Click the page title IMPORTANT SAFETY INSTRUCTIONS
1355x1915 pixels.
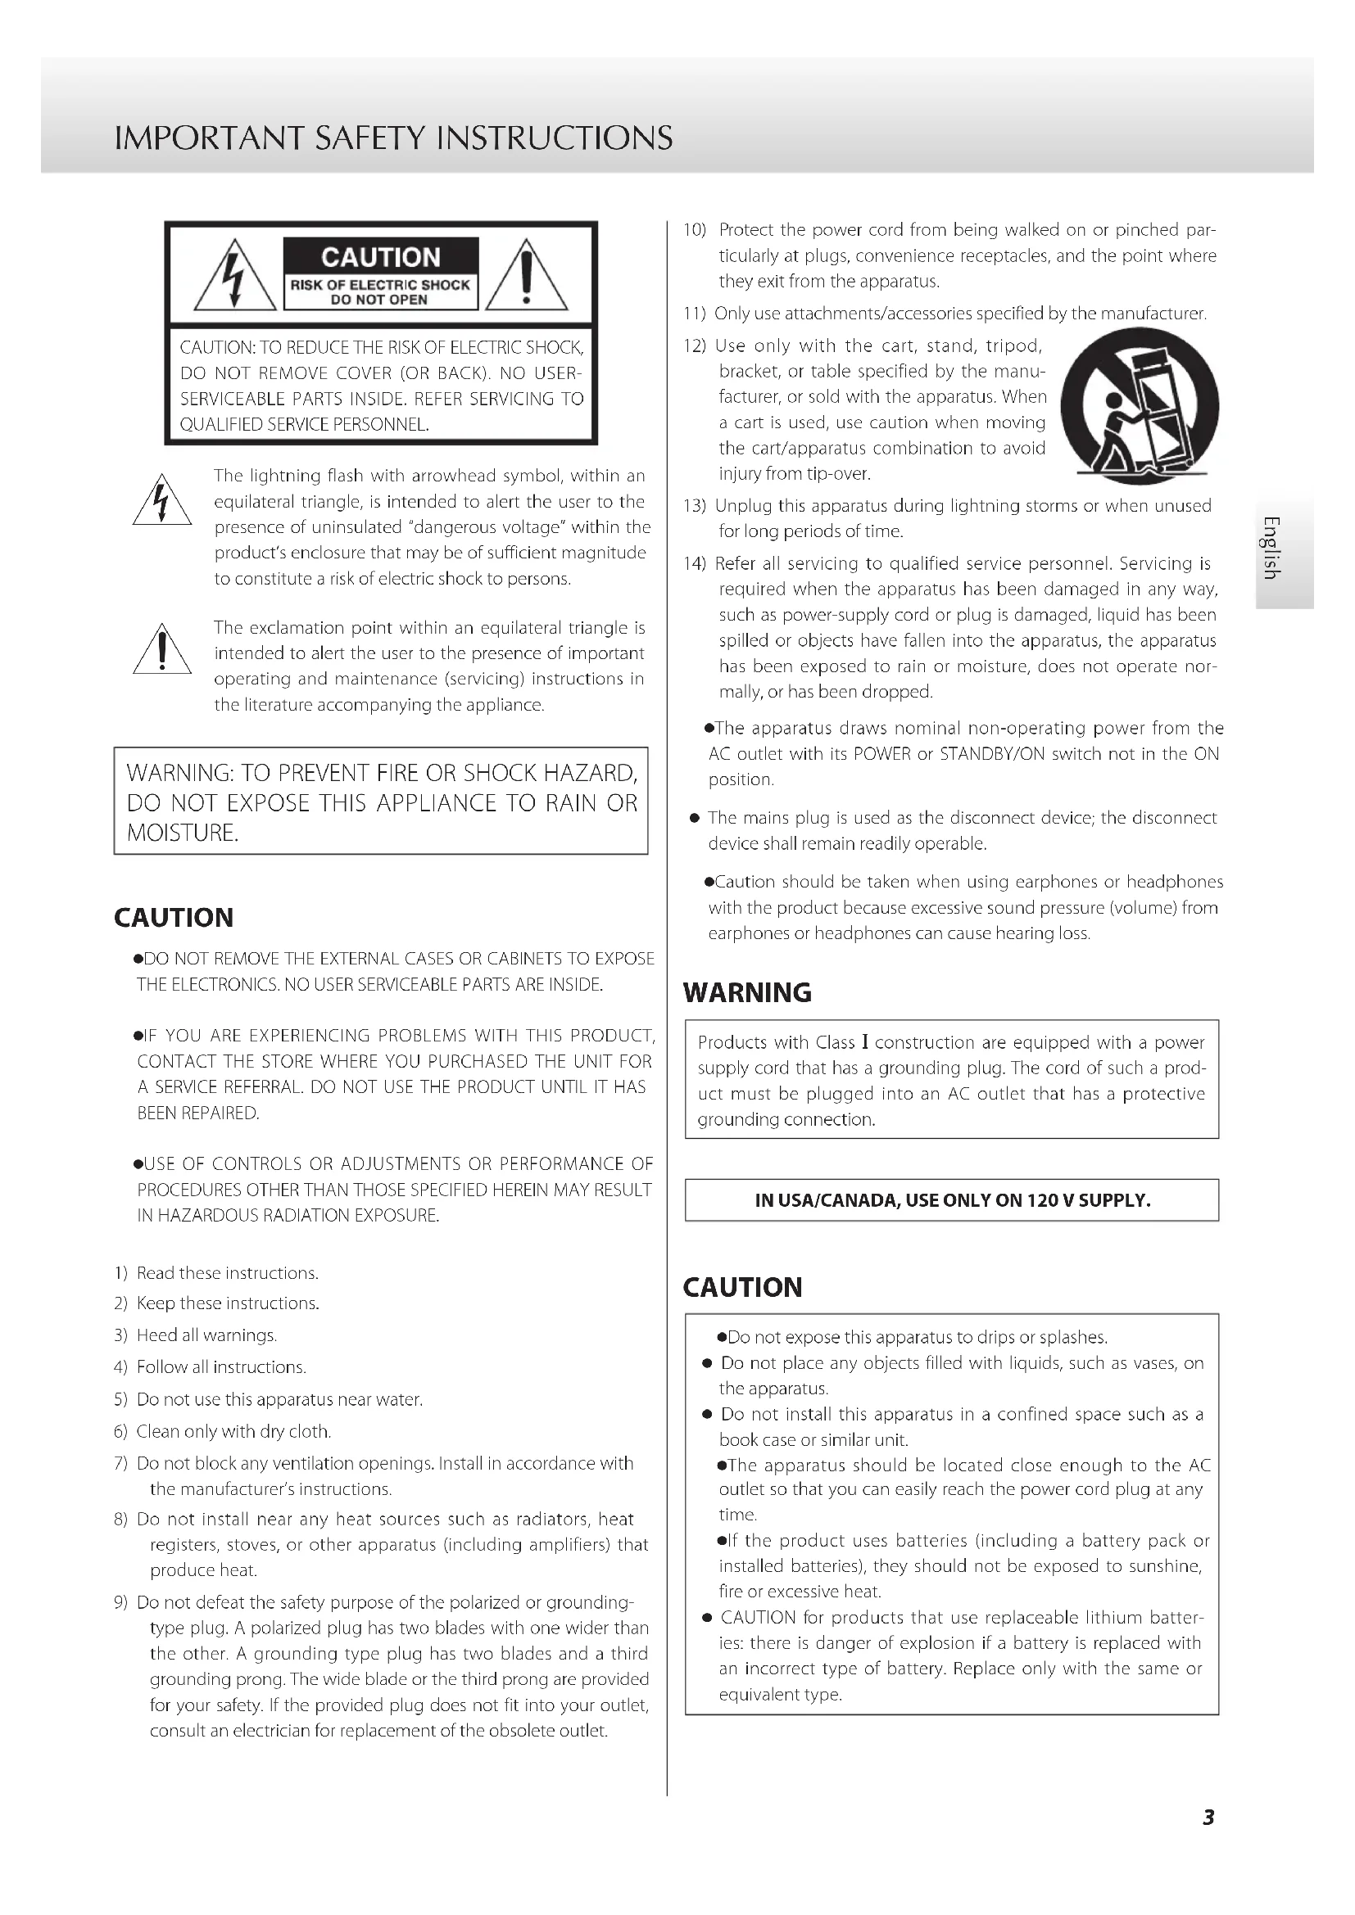[393, 138]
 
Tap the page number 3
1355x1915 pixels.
[1208, 1818]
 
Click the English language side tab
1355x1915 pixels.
[1270, 547]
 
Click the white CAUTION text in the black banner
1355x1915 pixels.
[380, 257]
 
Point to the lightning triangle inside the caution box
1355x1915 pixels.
[235, 276]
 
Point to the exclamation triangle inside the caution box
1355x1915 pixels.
[527, 276]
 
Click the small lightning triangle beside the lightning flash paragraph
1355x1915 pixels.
[162, 501]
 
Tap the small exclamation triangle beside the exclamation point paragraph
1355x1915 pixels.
[162, 652]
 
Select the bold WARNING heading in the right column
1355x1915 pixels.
[747, 992]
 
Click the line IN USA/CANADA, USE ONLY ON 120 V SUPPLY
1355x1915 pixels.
[952, 1200]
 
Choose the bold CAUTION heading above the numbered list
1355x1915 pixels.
[174, 918]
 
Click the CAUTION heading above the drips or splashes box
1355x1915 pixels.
[742, 1287]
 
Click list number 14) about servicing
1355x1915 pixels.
[694, 564]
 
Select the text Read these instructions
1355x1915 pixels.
[228, 1273]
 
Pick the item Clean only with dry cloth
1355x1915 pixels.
[233, 1431]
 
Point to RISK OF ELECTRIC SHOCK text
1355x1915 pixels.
[380, 284]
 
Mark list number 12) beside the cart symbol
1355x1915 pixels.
[694, 346]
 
